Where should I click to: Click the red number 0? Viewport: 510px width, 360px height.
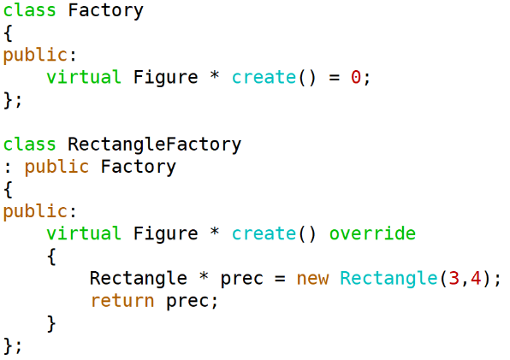click(x=355, y=77)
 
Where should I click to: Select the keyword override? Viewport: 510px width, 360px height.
click(x=372, y=233)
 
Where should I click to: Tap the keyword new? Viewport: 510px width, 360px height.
click(x=312, y=279)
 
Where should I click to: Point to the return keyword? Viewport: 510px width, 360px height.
click(x=122, y=300)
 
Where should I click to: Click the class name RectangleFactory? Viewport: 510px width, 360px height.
click(x=155, y=145)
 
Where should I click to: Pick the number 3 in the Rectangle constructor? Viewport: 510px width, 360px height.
click(x=454, y=279)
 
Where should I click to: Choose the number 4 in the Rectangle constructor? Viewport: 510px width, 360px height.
click(x=476, y=279)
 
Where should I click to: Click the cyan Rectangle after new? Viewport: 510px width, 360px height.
click(x=388, y=279)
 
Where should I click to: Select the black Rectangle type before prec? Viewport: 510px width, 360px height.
click(x=139, y=279)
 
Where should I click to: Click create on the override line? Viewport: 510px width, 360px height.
click(x=264, y=233)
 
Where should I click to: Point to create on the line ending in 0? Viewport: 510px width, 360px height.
click(x=264, y=77)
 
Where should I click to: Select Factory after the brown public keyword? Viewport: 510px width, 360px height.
click(x=139, y=167)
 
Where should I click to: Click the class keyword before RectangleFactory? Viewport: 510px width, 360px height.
click(x=29, y=144)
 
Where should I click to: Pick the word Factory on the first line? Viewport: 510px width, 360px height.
click(x=105, y=10)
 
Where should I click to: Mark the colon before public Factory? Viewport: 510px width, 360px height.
click(x=9, y=168)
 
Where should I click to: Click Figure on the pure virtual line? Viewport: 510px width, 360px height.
click(x=165, y=78)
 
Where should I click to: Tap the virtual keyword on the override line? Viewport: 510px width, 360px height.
click(x=84, y=233)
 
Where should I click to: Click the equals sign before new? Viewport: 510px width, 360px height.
click(x=280, y=279)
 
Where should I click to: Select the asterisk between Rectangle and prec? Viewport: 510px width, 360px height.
click(x=204, y=276)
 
